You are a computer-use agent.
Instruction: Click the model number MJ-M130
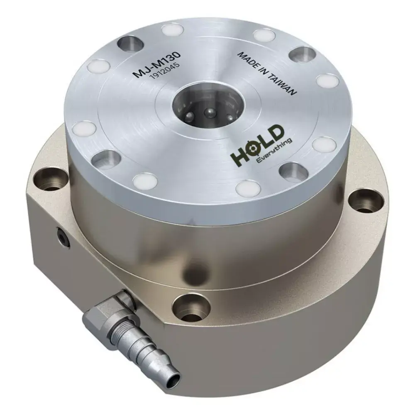tap(157, 64)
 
